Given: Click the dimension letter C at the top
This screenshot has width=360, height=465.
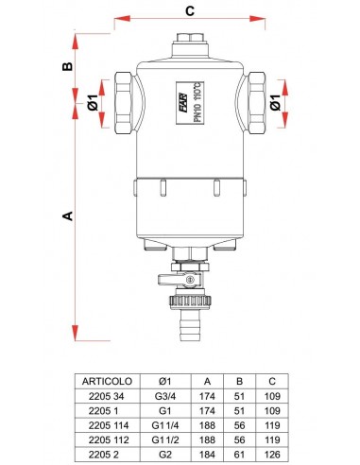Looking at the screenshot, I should (190, 12).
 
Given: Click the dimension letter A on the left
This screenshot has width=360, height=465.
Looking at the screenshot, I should (67, 216).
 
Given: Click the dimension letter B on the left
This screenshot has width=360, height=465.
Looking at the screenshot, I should (67, 65).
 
